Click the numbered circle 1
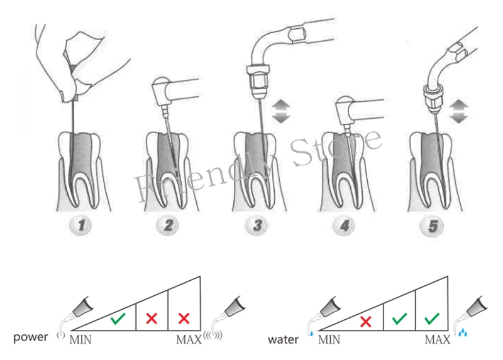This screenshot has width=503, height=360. coord(80,226)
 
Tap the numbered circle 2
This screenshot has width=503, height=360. coord(168,226)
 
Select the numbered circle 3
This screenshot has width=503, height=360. coord(257,226)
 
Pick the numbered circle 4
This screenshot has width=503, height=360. coord(344,226)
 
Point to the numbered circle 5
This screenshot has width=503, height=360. coord(432,226)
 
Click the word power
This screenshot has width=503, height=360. coord(30,337)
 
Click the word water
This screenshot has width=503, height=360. coord(283,339)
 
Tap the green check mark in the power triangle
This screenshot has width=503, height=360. coord(118,319)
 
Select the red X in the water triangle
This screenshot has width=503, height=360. coord(366,322)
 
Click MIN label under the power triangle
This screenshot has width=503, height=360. coord(80,339)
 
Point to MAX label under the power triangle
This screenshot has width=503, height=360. coord(189,339)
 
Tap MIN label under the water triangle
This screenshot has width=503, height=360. coord(329,339)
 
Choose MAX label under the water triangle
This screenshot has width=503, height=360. coord(438,339)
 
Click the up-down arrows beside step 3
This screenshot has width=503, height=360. coord(281,111)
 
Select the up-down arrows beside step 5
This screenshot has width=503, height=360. coord(459,111)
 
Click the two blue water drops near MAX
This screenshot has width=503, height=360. coord(462,332)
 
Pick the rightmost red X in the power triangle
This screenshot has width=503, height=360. coord(184,319)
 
